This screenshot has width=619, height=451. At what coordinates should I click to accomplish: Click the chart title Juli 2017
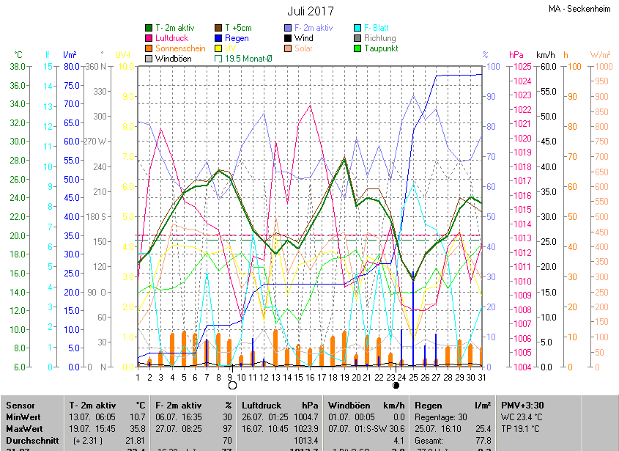(310, 11)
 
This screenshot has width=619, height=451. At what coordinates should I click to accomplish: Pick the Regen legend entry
(237, 38)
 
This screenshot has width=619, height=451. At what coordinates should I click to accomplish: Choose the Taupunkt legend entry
(380, 48)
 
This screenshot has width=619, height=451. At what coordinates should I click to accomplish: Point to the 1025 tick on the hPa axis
(522, 66)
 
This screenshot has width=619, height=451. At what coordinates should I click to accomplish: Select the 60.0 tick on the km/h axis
(547, 66)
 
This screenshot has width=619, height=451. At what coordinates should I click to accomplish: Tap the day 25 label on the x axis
(413, 377)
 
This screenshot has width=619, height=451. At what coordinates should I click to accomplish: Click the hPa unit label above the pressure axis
(516, 54)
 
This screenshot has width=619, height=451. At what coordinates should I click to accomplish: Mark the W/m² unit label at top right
(600, 54)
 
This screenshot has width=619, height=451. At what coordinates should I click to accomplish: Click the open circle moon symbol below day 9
(232, 385)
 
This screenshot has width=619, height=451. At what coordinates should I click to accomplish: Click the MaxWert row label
(25, 428)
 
